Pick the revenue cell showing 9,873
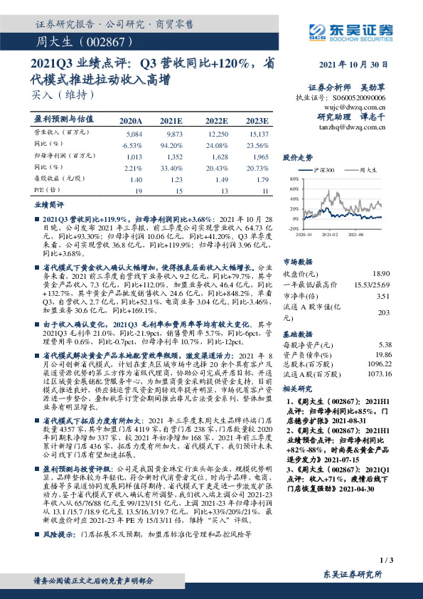pyautogui.click(x=175, y=134)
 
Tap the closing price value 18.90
pyautogui.click(x=382, y=273)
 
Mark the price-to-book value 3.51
pyautogui.click(x=383, y=297)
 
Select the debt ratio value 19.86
pyautogui.click(x=382, y=354)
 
